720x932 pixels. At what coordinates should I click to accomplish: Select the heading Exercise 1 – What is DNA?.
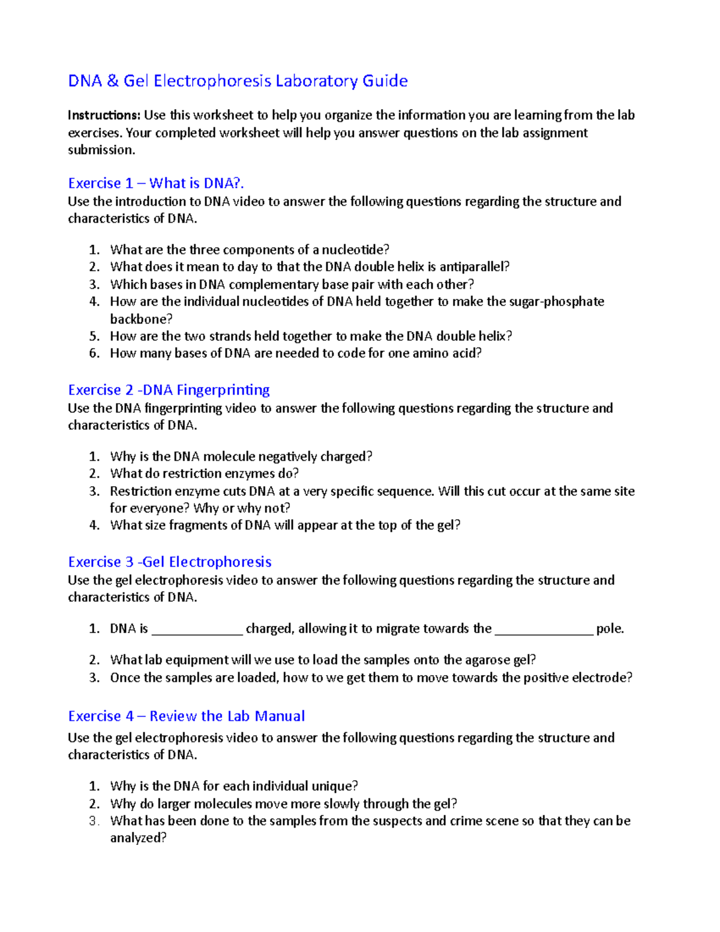pyautogui.click(x=156, y=183)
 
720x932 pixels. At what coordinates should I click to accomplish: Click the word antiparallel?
pyautogui.click(x=474, y=266)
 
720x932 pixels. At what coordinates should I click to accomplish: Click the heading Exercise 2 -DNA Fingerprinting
pyautogui.click(x=169, y=390)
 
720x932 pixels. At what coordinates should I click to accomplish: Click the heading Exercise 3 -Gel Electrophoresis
pyautogui.click(x=170, y=562)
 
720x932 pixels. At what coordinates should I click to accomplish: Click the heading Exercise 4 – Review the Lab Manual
pyautogui.click(x=186, y=716)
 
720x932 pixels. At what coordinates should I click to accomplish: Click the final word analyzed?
pyautogui.click(x=138, y=838)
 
